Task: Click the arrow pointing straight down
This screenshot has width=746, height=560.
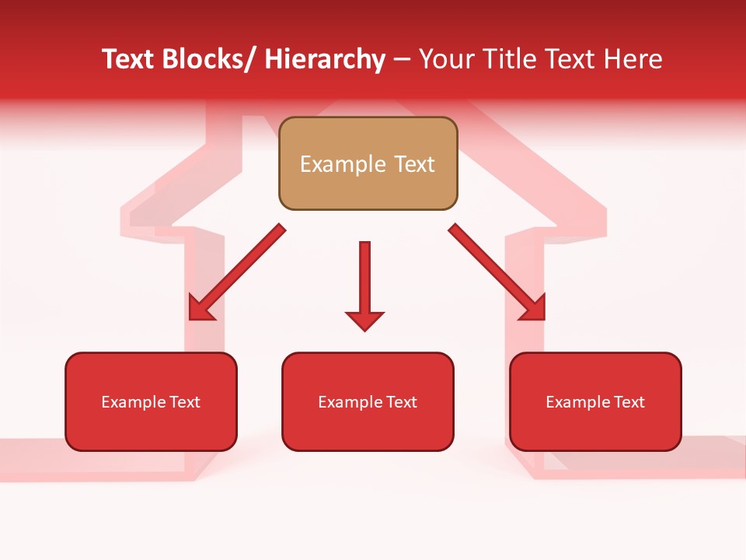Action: [x=364, y=284]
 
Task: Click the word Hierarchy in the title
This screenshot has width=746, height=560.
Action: [x=325, y=59]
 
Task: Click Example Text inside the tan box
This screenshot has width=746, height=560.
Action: [x=368, y=164]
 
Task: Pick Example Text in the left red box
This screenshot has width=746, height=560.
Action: [x=151, y=402]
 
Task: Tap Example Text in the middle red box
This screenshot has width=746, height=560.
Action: [x=368, y=402]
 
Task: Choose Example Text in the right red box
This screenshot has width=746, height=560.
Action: [x=595, y=402]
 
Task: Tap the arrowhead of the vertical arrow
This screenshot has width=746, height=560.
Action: [x=364, y=320]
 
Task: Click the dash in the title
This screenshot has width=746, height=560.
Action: [x=402, y=60]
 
